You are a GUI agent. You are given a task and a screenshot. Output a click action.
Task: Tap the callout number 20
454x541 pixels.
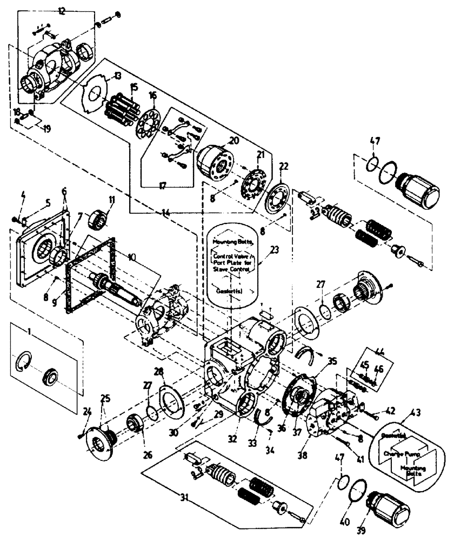click(x=233, y=140)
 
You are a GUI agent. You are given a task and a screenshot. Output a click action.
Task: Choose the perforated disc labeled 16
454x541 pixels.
click(x=149, y=123)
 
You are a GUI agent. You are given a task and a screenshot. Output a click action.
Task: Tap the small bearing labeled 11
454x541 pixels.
click(x=102, y=217)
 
